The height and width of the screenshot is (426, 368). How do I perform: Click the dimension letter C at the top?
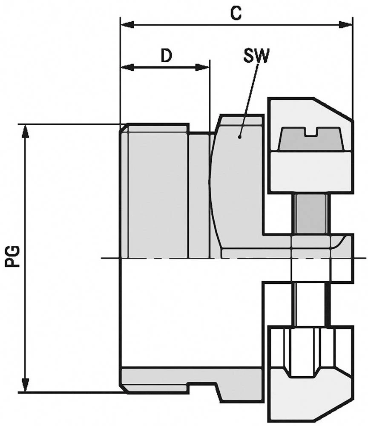coord(236,13)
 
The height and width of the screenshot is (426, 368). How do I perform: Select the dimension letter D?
coord(166,56)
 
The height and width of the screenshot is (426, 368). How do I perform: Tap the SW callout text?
coord(256,56)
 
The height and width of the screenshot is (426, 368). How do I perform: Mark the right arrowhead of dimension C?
coord(348,24)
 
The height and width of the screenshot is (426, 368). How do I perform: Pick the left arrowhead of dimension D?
coord(126,67)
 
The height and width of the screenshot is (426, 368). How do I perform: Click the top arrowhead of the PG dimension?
coord(26,130)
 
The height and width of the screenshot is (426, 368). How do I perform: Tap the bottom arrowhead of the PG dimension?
coord(26,387)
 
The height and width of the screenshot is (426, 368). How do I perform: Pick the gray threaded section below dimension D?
coord(155,192)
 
